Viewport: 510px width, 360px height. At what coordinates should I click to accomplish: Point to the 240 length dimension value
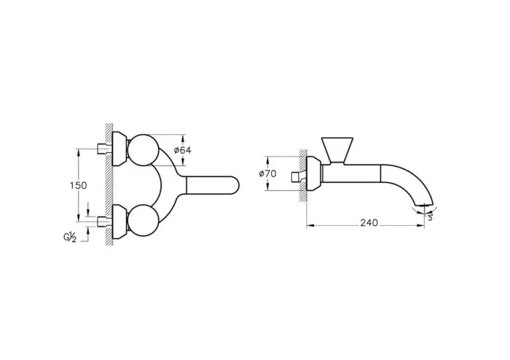(x=369, y=223)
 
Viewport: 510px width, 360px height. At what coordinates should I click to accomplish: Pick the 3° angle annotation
(x=430, y=216)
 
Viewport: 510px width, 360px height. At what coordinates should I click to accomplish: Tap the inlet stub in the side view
(x=298, y=175)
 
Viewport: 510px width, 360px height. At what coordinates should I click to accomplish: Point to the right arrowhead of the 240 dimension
(x=424, y=224)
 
